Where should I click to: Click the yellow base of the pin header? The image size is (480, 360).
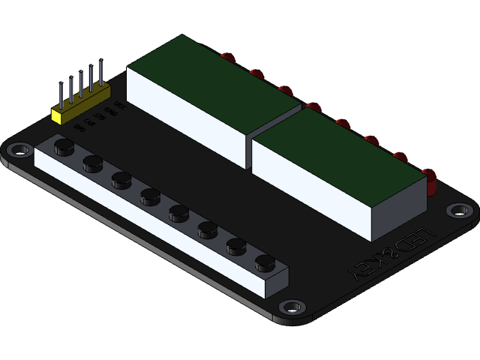pyautogui.click(x=79, y=105)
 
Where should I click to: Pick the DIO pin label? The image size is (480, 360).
pyautogui.click(x=81, y=127)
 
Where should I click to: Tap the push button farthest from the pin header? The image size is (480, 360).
pyautogui.click(x=265, y=262)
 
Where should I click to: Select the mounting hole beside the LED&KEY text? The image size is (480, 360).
pyautogui.click(x=457, y=211)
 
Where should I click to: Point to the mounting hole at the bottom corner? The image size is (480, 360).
pyautogui.click(x=291, y=307)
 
